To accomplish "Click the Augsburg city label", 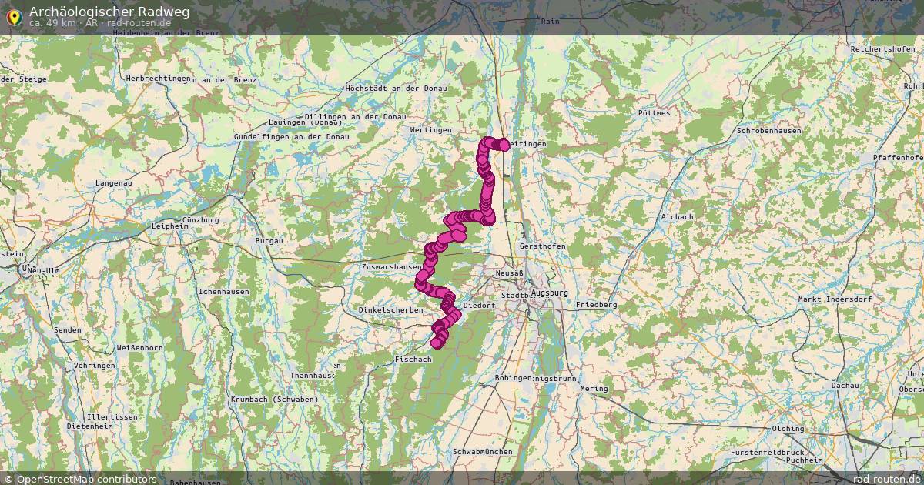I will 549,293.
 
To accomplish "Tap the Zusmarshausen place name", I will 391,267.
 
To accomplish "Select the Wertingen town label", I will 430,130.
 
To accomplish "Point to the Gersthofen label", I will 542,246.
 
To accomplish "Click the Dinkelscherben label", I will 390,310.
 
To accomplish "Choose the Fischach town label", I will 413,360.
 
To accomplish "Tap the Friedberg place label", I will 596,305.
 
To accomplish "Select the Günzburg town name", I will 201,220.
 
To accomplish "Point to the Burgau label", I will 269,241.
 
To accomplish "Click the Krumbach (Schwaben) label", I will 274,400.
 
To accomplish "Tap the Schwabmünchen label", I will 483,451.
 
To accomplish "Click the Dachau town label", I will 845,385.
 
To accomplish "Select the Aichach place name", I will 677,217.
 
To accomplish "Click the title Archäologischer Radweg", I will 109,12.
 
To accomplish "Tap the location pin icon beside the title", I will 15,16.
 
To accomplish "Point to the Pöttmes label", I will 654,113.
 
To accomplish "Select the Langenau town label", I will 114,183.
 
